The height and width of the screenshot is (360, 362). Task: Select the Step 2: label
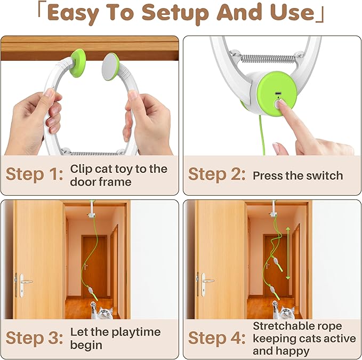[216, 175]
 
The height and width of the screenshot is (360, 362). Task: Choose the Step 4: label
[216, 338]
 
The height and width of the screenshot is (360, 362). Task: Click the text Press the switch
[297, 175]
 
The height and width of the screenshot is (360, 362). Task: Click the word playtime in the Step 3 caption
[131, 332]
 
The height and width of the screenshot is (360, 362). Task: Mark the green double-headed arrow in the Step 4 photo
[288, 253]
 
